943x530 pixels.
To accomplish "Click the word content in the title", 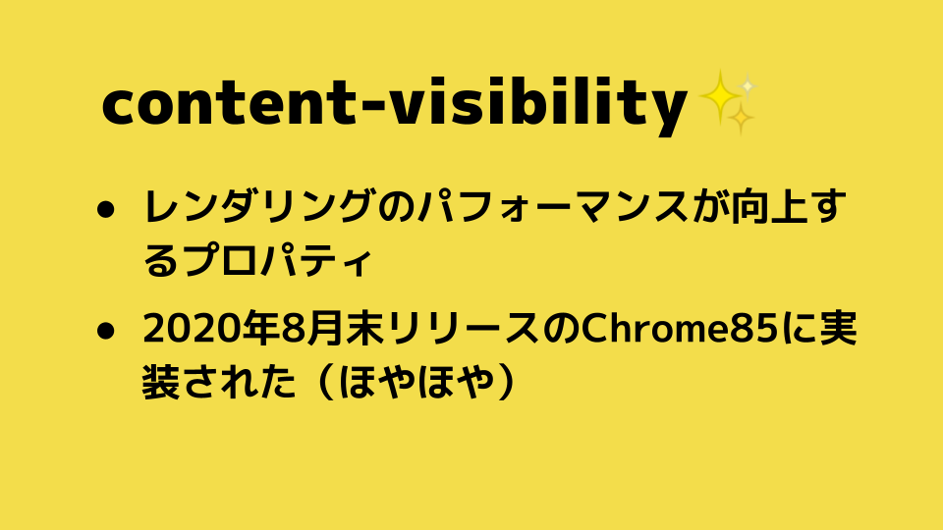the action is coord(229,104).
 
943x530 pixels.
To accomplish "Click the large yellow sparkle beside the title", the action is coord(719,97).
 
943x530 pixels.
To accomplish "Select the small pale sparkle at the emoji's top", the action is coord(747,86).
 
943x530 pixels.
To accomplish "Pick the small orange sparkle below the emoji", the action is coord(741,119).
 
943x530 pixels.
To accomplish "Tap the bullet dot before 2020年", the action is coord(105,331).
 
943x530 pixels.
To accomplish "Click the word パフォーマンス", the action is coord(553,207).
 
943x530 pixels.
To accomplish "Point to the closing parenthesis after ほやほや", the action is coord(507,381).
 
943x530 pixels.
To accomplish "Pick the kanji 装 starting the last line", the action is coord(161,381).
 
